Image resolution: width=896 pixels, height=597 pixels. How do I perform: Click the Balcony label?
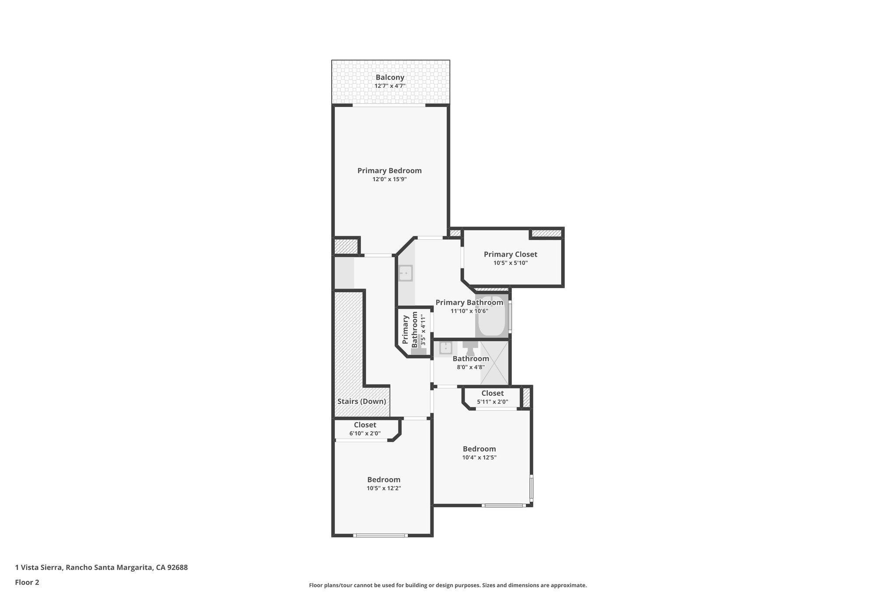coord(390,77)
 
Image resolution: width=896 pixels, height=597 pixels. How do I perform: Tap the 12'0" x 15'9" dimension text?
coord(389,179)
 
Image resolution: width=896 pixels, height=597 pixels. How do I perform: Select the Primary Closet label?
coord(510,254)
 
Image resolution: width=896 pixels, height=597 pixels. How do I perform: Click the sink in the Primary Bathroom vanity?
coord(406,273)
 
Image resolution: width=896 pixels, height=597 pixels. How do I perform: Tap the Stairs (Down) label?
coord(361,401)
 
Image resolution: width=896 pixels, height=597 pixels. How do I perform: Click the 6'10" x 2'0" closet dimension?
coord(365,433)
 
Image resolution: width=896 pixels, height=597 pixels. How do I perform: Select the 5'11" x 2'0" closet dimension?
coord(492,401)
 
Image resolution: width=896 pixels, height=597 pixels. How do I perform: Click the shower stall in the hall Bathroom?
coord(495,362)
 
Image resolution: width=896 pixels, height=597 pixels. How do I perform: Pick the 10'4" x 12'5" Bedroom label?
coord(479,449)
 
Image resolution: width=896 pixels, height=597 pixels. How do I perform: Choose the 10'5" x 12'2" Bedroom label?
coord(383,479)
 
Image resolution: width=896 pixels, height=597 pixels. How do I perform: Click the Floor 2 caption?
coord(27,582)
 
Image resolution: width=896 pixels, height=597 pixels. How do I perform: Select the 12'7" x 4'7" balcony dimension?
coord(390,86)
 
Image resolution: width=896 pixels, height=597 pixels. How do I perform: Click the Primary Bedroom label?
coord(389,171)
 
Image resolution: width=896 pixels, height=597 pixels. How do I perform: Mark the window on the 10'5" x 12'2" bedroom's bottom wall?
coord(380,535)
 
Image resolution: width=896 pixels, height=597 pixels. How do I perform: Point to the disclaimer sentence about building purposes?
coord(448,585)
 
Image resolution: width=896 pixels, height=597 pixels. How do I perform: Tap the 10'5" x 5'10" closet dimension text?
coord(510,263)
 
